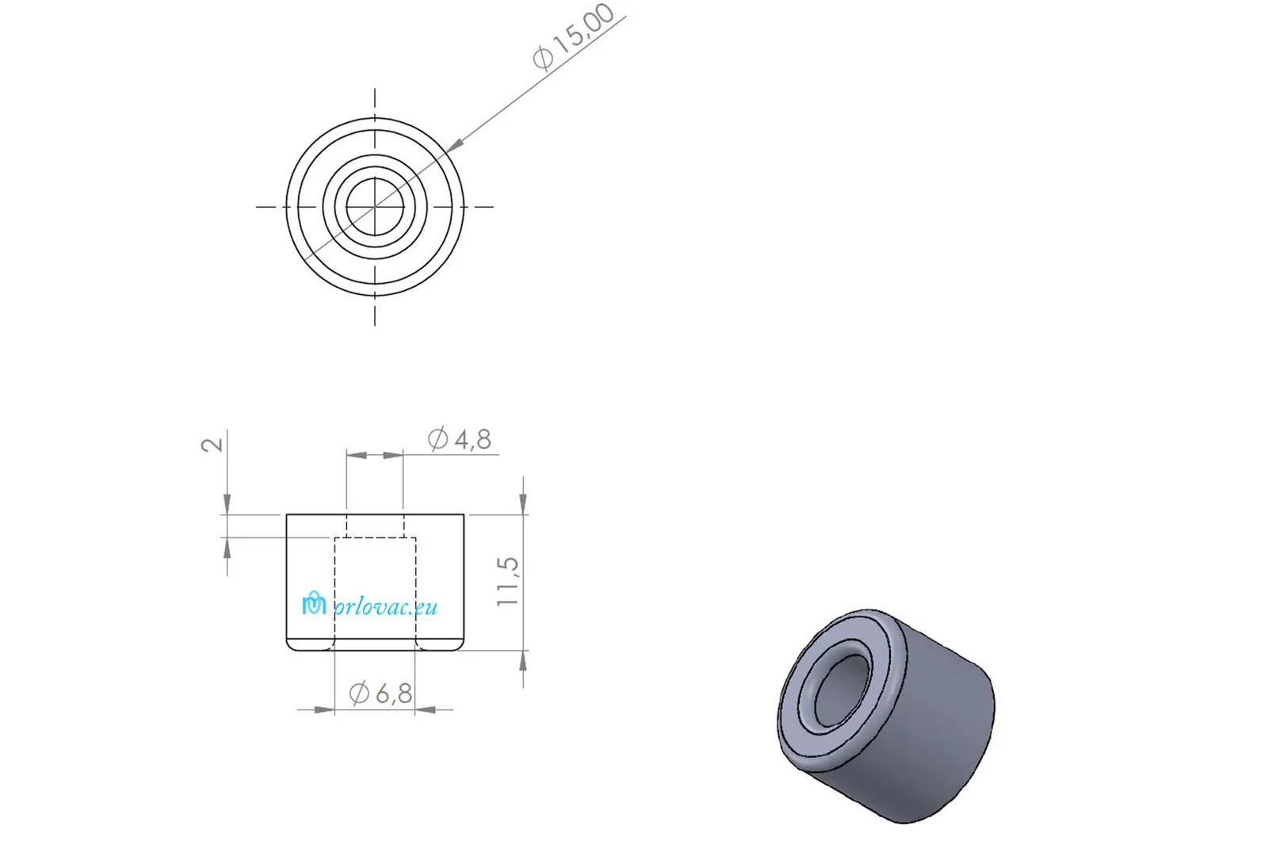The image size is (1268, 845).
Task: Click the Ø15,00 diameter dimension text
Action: pyautogui.click(x=574, y=36)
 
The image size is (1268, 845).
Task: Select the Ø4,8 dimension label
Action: pyautogui.click(x=459, y=439)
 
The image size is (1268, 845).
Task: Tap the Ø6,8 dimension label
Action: pyautogui.click(x=380, y=693)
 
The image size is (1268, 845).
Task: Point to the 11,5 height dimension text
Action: pyautogui.click(x=507, y=582)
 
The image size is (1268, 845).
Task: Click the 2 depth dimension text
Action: pyautogui.click(x=212, y=444)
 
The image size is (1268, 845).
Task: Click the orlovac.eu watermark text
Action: pyautogui.click(x=386, y=607)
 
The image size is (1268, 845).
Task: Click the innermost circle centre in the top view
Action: pyautogui.click(x=375, y=207)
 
